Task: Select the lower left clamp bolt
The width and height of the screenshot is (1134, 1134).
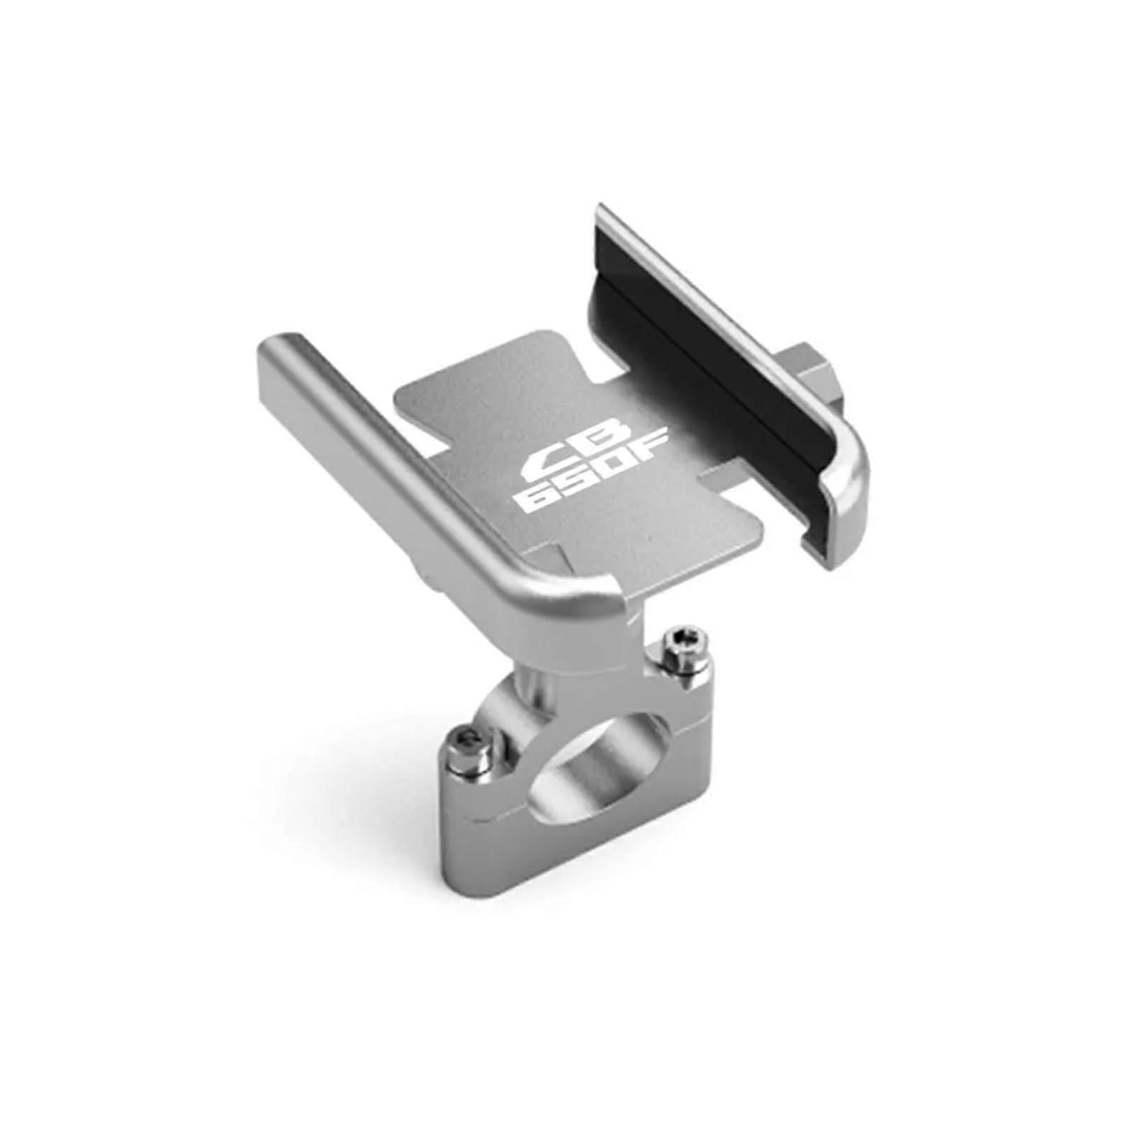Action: [468, 745]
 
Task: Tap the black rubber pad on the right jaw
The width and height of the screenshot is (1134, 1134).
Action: [716, 376]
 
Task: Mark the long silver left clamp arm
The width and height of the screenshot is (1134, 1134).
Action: [397, 461]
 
